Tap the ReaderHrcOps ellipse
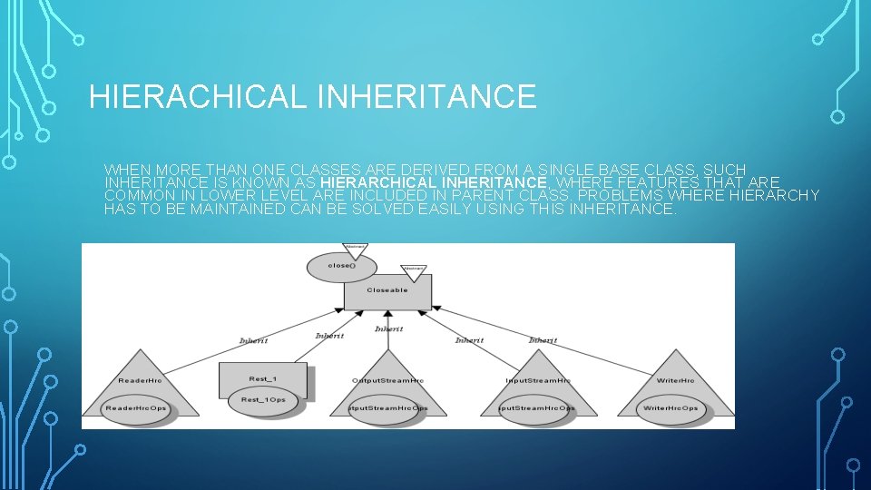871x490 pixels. click(x=136, y=407)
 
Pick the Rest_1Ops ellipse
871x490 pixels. click(x=263, y=400)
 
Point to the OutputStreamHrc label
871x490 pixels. click(x=387, y=379)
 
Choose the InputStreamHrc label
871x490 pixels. click(x=538, y=379)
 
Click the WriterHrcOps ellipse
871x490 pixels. click(x=670, y=407)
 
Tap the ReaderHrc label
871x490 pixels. click(x=140, y=379)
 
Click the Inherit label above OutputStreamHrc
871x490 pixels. click(x=388, y=328)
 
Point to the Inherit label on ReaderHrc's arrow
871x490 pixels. click(x=253, y=341)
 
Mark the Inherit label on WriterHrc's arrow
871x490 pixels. click(x=543, y=340)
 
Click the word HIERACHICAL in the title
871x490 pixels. click(x=198, y=96)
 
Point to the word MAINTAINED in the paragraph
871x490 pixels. click(x=232, y=210)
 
